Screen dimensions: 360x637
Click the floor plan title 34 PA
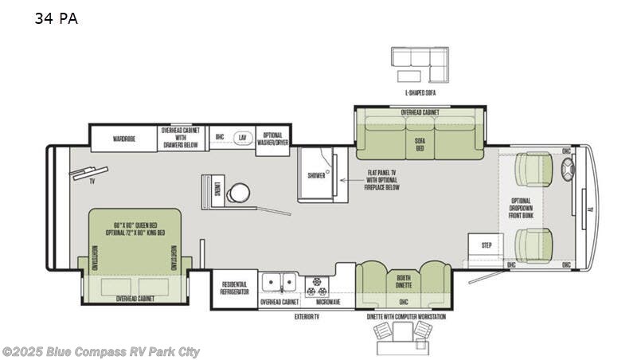point(56,19)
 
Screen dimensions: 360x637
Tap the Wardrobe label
point(123,138)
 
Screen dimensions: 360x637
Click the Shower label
point(316,175)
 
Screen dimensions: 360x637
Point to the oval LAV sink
point(242,137)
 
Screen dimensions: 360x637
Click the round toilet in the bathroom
point(237,193)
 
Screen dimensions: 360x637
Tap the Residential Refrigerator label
point(234,288)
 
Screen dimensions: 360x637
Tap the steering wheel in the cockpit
point(568,170)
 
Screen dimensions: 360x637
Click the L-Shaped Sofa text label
point(420,93)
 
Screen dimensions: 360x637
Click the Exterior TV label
point(305,316)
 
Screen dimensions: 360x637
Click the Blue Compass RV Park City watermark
point(101,351)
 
